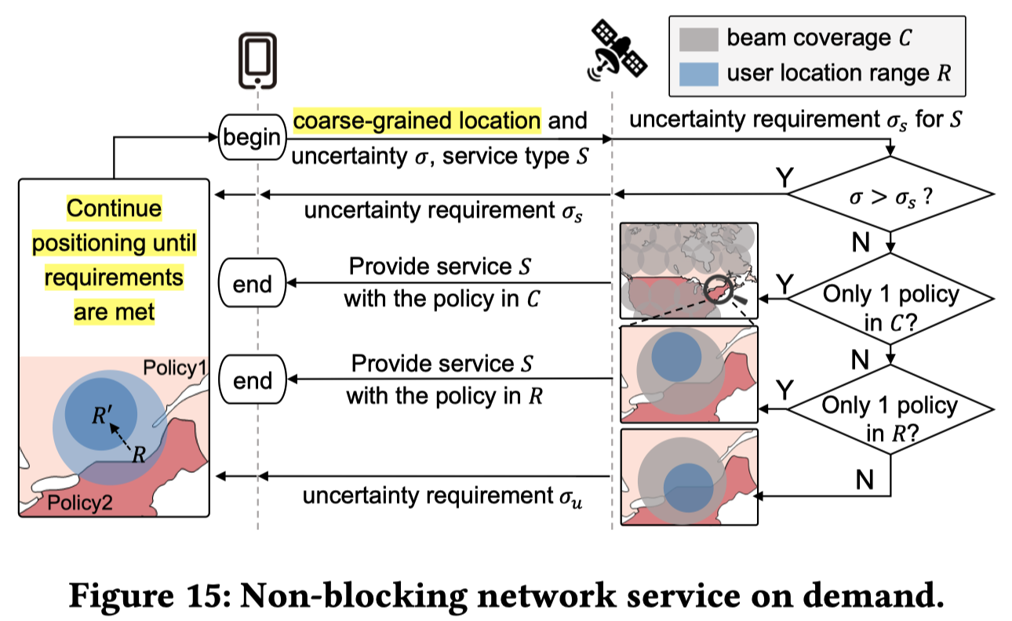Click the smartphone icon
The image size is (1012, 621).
(257, 60)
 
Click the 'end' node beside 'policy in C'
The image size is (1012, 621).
(252, 283)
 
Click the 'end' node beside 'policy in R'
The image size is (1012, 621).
(252, 380)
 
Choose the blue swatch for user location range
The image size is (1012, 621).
(696, 74)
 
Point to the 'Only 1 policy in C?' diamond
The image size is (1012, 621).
(890, 307)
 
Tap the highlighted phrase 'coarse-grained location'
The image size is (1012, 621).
(417, 122)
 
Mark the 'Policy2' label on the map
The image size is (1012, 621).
(78, 502)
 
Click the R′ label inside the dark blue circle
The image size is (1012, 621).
(101, 416)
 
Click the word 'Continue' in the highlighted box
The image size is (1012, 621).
(114, 209)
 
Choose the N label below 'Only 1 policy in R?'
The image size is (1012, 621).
(865, 479)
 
